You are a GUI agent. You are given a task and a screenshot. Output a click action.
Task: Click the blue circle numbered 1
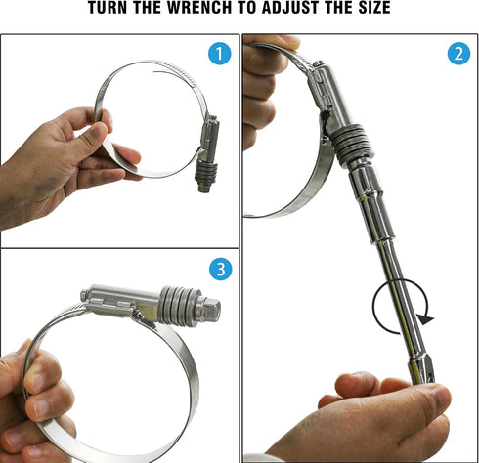pyautogui.click(x=220, y=53)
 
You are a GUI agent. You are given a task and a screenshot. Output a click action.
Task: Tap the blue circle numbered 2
pyautogui.click(x=458, y=54)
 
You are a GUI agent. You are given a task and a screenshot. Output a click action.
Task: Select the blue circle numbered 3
pyautogui.click(x=221, y=269)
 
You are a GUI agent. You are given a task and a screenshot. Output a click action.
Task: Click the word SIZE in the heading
pyautogui.click(x=374, y=7)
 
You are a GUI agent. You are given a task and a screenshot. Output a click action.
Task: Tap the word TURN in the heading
pyautogui.click(x=107, y=7)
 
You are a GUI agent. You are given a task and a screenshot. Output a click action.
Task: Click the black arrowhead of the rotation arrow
pyautogui.click(x=425, y=319)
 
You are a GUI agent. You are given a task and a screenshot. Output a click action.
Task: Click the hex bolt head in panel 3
pyautogui.click(x=210, y=309)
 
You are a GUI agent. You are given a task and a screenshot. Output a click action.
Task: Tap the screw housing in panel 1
pyautogui.click(x=210, y=137)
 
